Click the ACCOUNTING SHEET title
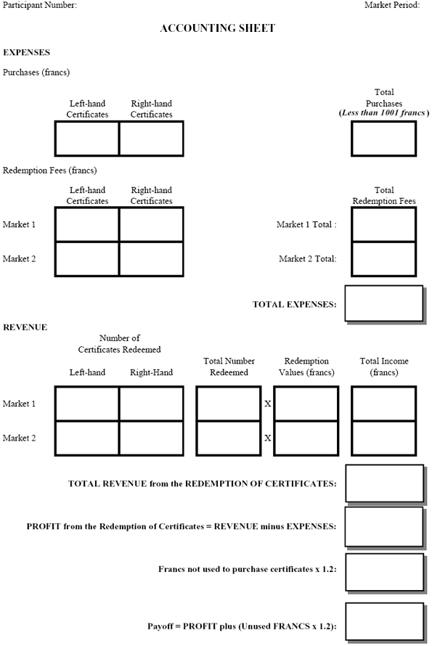[217, 28]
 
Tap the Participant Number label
[40, 5]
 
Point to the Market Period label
[392, 5]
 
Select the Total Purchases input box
[383, 139]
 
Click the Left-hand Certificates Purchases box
[87, 139]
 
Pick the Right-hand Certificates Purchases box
[151, 139]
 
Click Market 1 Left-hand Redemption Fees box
[87, 224]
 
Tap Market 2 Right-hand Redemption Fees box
[151, 259]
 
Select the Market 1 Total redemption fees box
[383, 224]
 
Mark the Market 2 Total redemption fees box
[383, 259]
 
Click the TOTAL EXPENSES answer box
[383, 303]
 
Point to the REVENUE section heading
[25, 327]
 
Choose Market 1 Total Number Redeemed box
[228, 404]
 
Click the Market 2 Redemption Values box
[306, 438]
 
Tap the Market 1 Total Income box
[383, 404]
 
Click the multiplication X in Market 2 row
[267, 438]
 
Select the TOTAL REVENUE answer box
[384, 483]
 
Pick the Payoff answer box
[384, 622]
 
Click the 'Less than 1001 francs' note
[383, 113]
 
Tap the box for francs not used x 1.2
[384, 572]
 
